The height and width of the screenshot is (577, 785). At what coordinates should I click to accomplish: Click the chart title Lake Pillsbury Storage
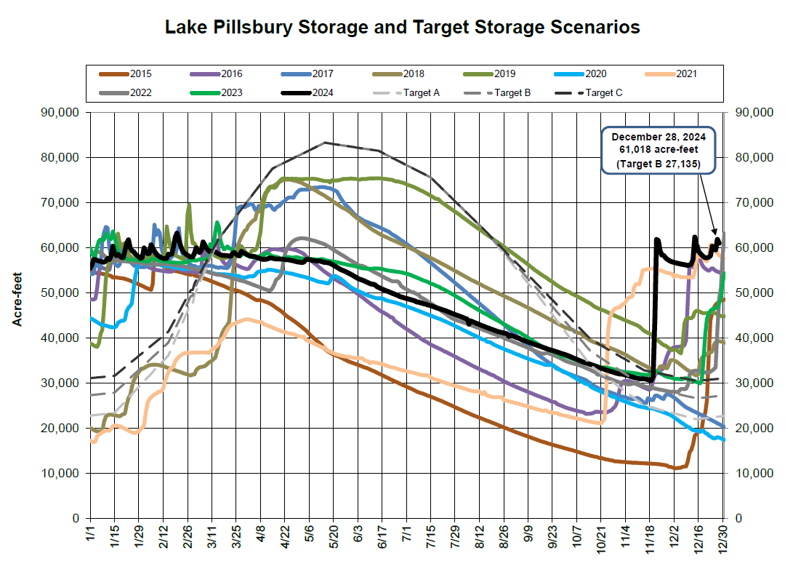tap(402, 28)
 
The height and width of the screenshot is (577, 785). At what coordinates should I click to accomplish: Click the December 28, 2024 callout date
tap(659, 137)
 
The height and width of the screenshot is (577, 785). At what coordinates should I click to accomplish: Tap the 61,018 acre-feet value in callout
tap(659, 151)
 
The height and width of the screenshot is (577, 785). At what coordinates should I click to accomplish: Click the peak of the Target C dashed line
tap(324, 143)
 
